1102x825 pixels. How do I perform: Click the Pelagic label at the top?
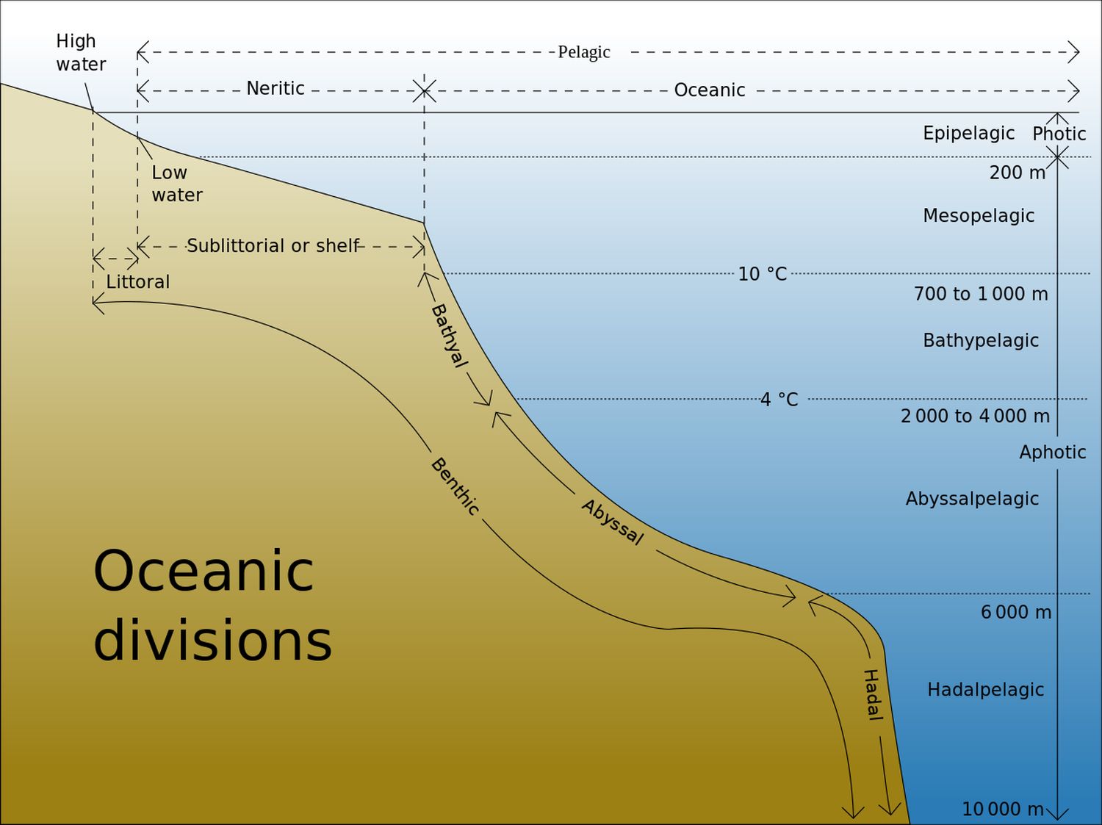[584, 52]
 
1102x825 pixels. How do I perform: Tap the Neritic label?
[275, 88]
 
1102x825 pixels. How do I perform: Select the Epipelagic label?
[968, 134]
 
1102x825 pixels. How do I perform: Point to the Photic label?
[1059, 134]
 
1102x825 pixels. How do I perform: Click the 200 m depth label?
[1018, 173]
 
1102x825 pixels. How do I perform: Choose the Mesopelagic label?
[979, 216]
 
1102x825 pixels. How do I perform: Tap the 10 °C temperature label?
[762, 274]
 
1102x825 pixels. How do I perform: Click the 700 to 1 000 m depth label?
[981, 294]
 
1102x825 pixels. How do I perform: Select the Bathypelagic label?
[981, 341]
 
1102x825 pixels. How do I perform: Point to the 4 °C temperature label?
[779, 400]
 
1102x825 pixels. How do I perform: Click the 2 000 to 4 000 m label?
[975, 416]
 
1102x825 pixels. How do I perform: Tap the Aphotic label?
[1052, 453]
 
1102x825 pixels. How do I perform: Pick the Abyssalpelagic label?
[972, 499]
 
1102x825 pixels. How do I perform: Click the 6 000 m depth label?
[1015, 612]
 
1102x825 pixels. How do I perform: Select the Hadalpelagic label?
[985, 690]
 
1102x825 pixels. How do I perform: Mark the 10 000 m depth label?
[1003, 809]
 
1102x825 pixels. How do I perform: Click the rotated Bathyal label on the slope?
[450, 336]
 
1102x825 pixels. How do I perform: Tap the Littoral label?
[137, 282]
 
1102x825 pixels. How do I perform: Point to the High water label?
[81, 53]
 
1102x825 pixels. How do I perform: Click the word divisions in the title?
[212, 641]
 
